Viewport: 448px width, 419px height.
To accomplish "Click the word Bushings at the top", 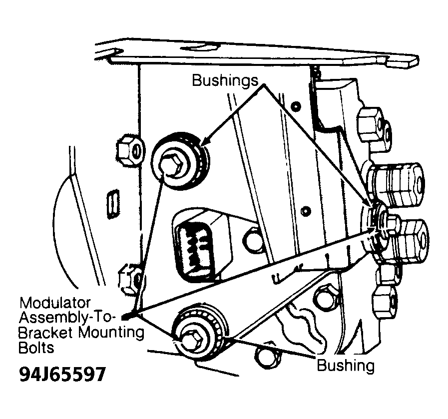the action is coord(225,81).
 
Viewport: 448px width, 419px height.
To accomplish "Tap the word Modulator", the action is coord(55,303).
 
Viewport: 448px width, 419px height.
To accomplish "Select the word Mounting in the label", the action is coord(111,333).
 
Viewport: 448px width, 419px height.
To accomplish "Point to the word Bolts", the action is coord(36,348).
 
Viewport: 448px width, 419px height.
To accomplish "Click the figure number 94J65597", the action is coord(62,374).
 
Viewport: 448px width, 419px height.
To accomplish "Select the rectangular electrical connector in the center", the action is coord(201,245).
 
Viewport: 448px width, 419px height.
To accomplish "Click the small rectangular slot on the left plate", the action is coord(112,202).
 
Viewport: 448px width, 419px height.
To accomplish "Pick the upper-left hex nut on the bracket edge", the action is coord(128,150).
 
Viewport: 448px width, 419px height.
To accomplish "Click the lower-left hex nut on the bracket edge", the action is coord(130,279).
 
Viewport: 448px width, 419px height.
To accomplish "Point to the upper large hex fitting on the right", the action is coord(395,184).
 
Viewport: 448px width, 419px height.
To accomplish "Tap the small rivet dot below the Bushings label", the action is coord(297,107).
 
